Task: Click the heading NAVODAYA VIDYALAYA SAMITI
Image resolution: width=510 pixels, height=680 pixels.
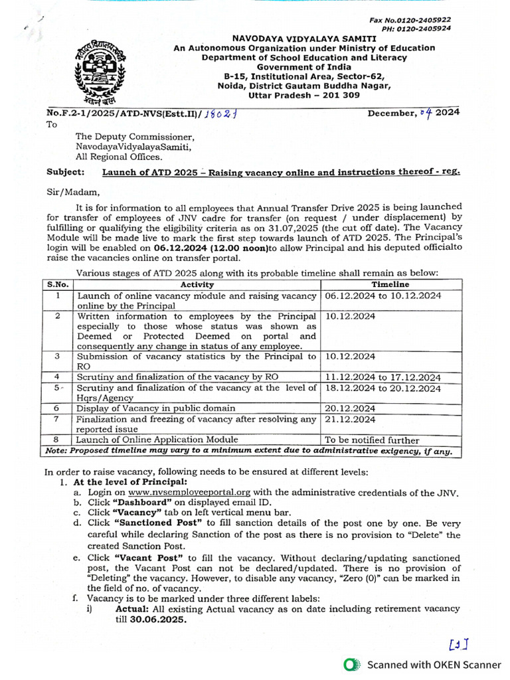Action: pyautogui.click(x=304, y=39)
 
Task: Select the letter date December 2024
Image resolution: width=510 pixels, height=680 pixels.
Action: pyautogui.click(x=414, y=112)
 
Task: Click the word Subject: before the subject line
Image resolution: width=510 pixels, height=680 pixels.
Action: pyautogui.click(x=66, y=171)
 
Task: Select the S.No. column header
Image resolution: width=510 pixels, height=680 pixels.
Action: pyautogui.click(x=58, y=284)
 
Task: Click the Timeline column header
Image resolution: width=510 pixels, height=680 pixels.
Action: pyautogui.click(x=390, y=284)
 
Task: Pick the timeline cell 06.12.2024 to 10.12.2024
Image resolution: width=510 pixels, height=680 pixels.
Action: pyautogui.click(x=382, y=296)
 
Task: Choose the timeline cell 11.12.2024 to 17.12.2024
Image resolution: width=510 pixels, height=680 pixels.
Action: pyautogui.click(x=382, y=377)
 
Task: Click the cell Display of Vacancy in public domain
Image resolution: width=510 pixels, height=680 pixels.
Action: pyautogui.click(x=155, y=408)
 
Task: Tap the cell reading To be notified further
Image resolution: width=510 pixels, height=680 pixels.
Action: pyautogui.click(x=371, y=440)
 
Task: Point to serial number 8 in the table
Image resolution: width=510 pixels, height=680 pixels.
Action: pyautogui.click(x=58, y=440)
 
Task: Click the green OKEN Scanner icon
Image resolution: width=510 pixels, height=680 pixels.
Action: pyautogui.click(x=352, y=665)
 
